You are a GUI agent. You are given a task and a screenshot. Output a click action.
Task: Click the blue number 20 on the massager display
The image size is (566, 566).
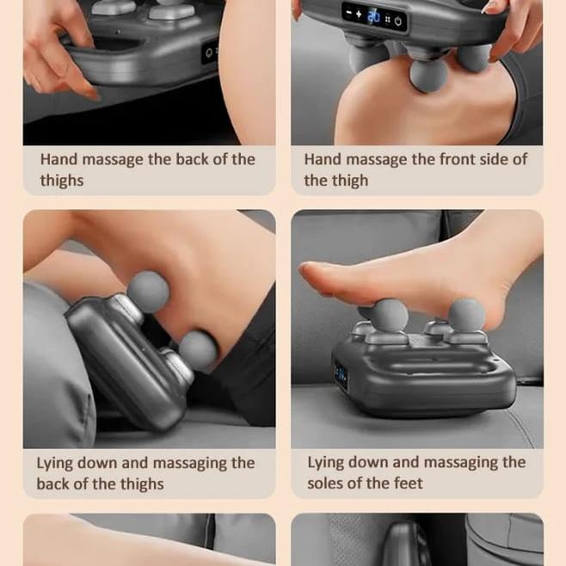pyautogui.click(x=373, y=15)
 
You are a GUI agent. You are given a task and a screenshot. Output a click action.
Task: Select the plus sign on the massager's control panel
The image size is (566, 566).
pyautogui.click(x=359, y=14)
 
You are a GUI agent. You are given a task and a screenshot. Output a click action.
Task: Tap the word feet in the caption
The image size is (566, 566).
pyautogui.click(x=407, y=483)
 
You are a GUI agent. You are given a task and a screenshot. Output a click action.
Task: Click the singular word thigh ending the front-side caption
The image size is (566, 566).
pyautogui.click(x=349, y=181)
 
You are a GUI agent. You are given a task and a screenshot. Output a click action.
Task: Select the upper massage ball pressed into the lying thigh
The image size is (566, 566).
pyautogui.click(x=148, y=292)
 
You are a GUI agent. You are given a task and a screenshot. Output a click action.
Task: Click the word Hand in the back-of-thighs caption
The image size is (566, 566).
pyautogui.click(x=58, y=159)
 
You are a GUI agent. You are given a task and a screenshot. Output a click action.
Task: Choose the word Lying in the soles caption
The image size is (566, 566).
pyautogui.click(x=328, y=462)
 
